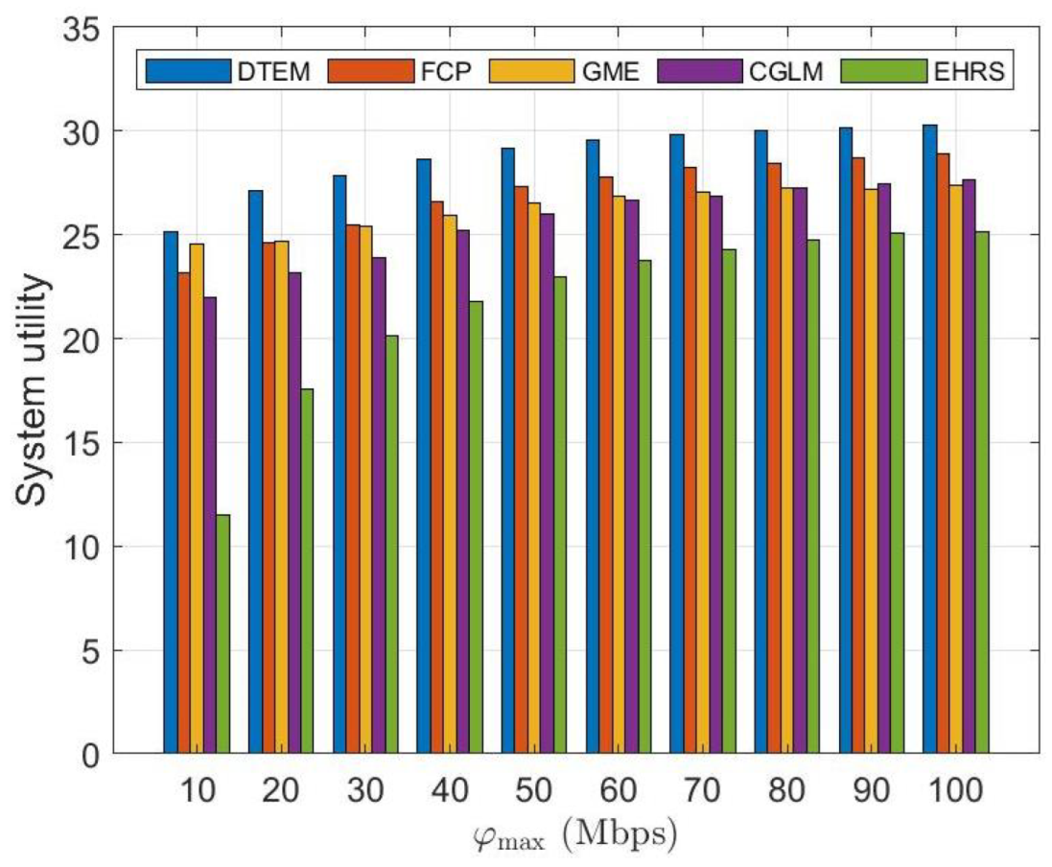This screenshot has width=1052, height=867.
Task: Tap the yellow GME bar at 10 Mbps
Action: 196,499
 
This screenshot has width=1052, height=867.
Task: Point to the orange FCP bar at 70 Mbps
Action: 690,460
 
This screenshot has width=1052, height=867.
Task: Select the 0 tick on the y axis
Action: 89,755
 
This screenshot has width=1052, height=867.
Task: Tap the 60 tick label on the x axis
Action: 618,790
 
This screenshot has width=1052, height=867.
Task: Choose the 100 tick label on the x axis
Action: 955,790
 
